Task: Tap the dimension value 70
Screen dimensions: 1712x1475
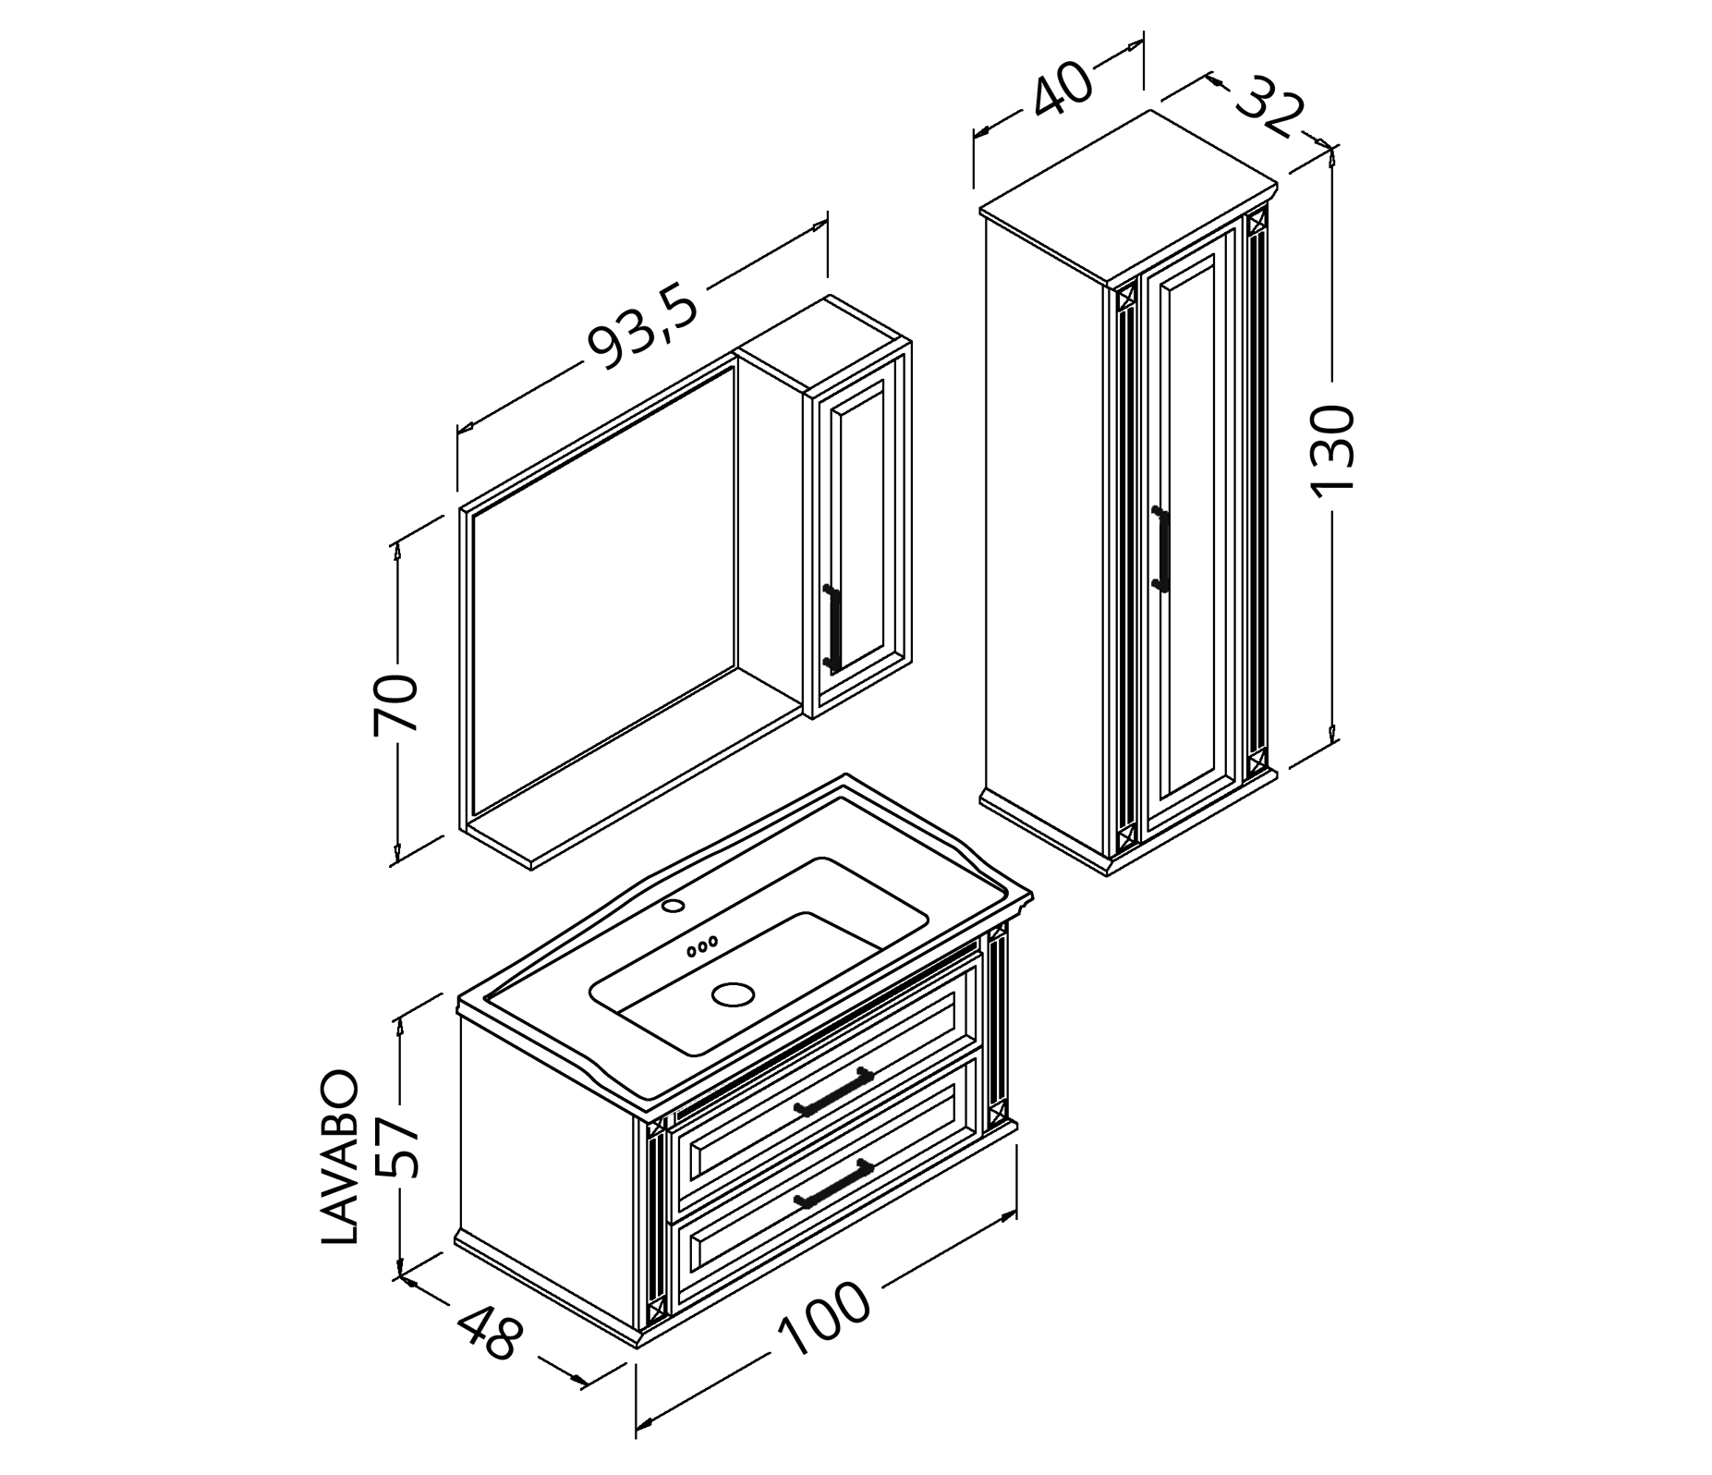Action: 396,704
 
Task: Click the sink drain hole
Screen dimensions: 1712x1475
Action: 733,994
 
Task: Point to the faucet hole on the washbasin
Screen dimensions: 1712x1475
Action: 674,905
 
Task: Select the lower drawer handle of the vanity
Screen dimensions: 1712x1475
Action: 833,1182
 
